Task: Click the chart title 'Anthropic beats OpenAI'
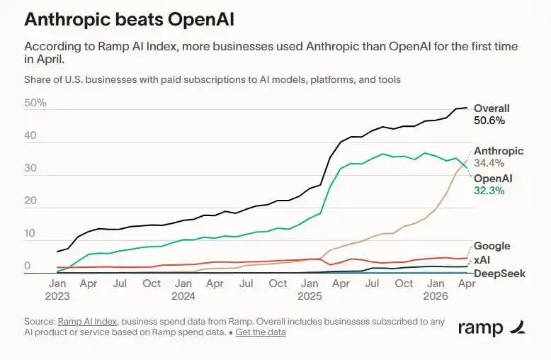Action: click(x=129, y=19)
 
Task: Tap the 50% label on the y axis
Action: click(x=35, y=103)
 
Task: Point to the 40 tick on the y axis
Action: click(x=30, y=135)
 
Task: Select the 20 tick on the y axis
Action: click(x=30, y=201)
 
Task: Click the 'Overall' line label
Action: click(x=492, y=108)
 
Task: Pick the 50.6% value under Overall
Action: click(x=489, y=120)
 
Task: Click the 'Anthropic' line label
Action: click(x=499, y=151)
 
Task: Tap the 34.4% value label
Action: click(x=489, y=163)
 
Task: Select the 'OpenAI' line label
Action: click(x=493, y=179)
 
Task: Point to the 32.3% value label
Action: click(x=489, y=191)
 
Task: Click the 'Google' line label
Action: click(x=492, y=246)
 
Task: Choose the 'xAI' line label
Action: click(x=482, y=260)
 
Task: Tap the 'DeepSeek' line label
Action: click(x=500, y=274)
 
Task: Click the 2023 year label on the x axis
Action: click(x=57, y=296)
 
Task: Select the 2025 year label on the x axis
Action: click(x=309, y=296)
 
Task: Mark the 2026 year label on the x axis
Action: click(x=436, y=296)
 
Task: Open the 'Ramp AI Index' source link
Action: click(x=87, y=321)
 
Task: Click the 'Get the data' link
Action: click(x=261, y=332)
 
